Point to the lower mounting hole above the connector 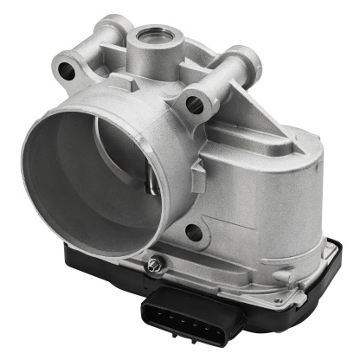193,232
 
